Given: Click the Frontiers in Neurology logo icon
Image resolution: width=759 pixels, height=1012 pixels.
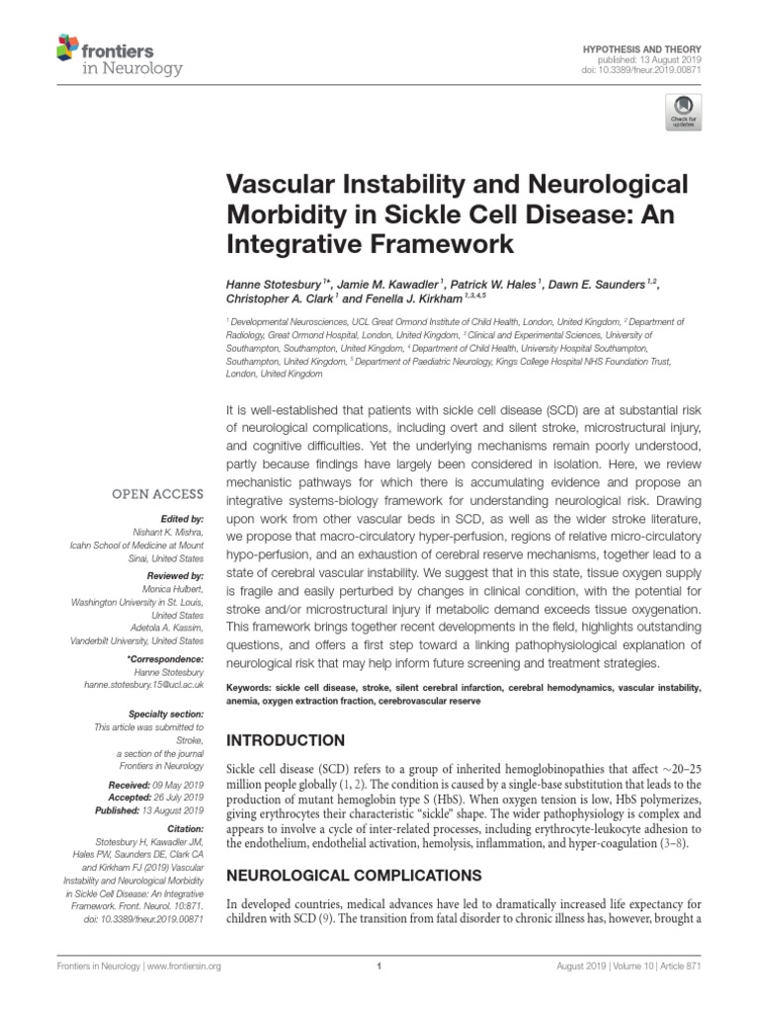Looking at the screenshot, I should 67,46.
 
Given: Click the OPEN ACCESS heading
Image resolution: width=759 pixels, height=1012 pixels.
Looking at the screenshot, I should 157,493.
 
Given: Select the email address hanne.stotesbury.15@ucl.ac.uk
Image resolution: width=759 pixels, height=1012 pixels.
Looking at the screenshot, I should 147,683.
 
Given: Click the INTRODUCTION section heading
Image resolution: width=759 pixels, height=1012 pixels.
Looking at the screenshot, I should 287,740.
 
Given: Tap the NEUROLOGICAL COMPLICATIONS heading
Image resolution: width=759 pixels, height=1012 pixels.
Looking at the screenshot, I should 354,875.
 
